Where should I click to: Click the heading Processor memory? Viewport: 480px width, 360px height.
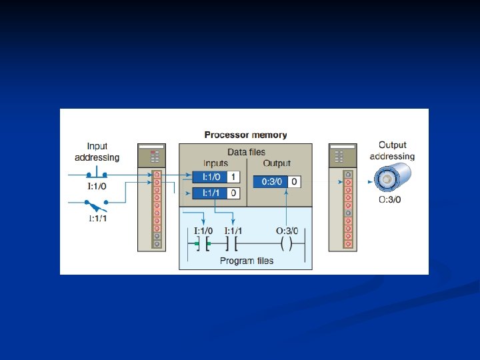point(245,135)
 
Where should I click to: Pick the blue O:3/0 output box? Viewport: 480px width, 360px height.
point(270,181)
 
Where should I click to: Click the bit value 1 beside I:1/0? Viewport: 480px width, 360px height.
point(233,177)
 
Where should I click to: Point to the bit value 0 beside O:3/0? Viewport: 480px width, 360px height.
point(293,181)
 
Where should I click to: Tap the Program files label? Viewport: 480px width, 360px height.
point(246,261)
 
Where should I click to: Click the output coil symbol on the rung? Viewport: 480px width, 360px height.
point(287,245)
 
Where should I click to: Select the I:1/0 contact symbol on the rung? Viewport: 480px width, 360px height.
point(202,245)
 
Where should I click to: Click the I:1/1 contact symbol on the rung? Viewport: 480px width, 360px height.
point(233,245)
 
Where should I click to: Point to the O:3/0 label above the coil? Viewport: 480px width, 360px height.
point(287,231)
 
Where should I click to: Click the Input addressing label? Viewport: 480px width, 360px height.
point(97,152)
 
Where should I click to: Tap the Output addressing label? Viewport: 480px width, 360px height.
point(392,151)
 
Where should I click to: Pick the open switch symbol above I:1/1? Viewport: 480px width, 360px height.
point(97,203)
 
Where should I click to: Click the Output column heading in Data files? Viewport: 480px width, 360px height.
point(277,163)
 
